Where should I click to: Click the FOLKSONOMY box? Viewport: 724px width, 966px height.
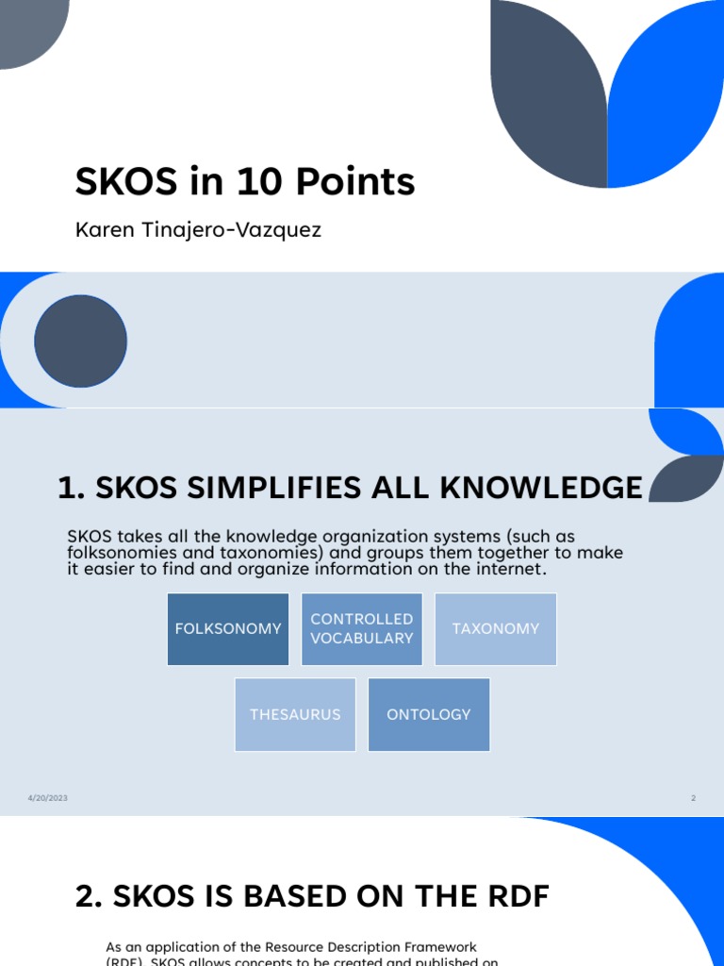pyautogui.click(x=228, y=628)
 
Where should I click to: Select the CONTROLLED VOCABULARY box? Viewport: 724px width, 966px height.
pyautogui.click(x=362, y=628)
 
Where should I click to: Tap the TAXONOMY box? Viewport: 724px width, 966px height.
pyautogui.click(x=496, y=628)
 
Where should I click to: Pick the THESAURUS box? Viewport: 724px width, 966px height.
pyautogui.click(x=295, y=714)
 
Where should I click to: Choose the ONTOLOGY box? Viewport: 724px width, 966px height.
pyautogui.click(x=429, y=714)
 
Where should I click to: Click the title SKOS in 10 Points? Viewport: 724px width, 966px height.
pyautogui.click(x=245, y=181)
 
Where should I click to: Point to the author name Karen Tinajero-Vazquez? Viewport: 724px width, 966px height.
pyautogui.click(x=198, y=230)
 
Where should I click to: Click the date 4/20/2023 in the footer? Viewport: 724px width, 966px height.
pyautogui.click(x=47, y=798)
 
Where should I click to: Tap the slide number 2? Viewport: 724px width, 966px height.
pyautogui.click(x=693, y=798)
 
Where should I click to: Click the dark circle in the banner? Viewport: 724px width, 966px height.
pyautogui.click(x=80, y=341)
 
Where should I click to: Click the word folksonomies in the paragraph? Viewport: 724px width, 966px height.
pyautogui.click(x=119, y=554)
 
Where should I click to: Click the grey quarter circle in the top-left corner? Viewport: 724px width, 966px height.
pyautogui.click(x=28, y=28)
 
